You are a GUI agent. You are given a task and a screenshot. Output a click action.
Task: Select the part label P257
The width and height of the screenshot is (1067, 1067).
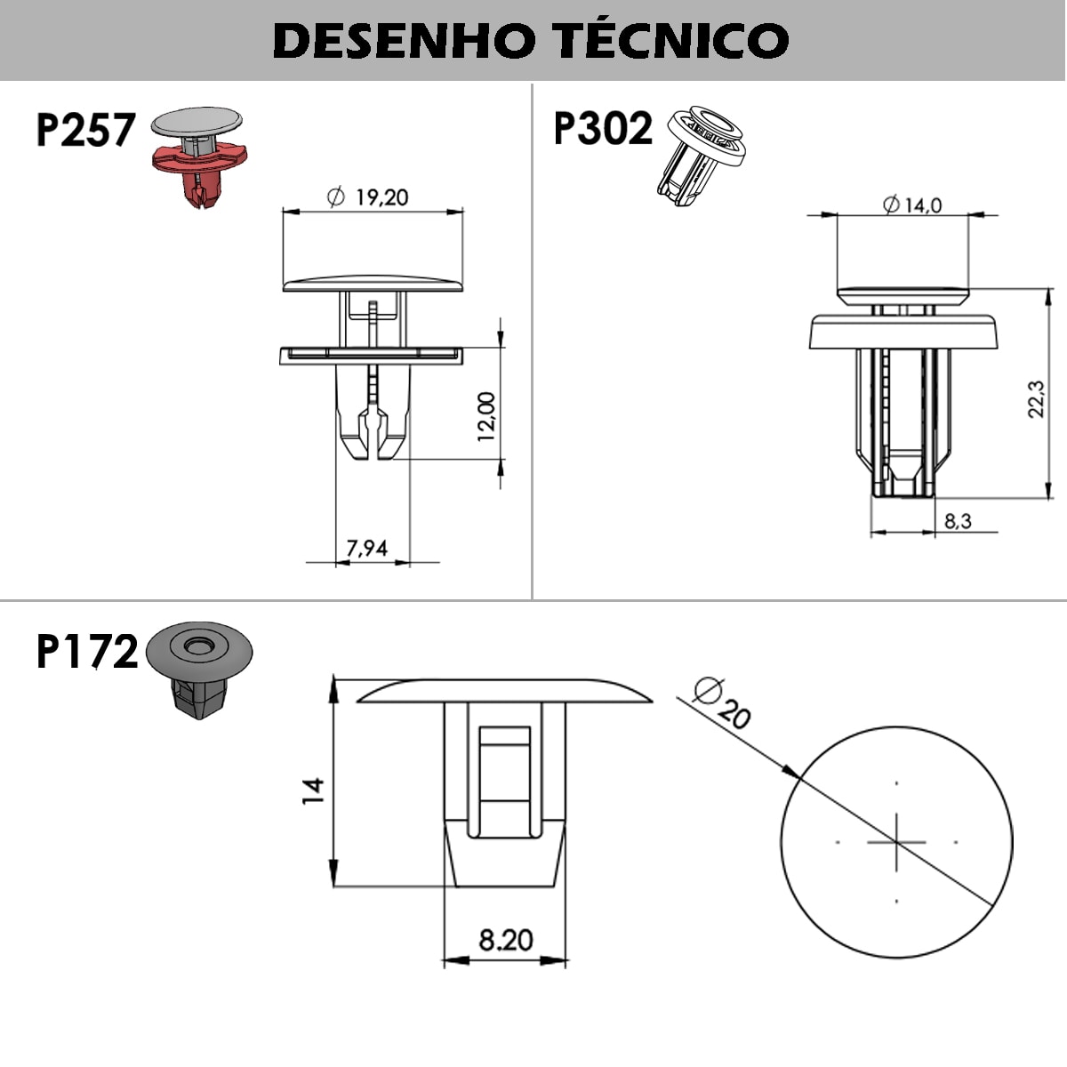click(85, 130)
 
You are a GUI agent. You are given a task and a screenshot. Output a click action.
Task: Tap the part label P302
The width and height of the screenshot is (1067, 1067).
click(603, 130)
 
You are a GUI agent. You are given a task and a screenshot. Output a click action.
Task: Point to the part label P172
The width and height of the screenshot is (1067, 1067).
click(87, 652)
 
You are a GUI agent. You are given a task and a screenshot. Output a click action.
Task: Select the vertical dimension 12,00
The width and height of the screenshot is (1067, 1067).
click(486, 416)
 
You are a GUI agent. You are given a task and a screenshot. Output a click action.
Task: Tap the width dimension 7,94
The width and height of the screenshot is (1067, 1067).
click(366, 548)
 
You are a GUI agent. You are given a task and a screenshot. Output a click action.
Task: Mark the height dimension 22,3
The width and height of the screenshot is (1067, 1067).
click(1036, 399)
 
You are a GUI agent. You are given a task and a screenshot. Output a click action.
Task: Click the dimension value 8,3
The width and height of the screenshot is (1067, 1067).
click(958, 521)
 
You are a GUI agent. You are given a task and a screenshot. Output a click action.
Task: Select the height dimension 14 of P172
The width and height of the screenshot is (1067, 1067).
click(314, 790)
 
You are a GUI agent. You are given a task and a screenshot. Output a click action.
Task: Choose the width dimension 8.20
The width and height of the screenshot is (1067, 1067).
click(505, 939)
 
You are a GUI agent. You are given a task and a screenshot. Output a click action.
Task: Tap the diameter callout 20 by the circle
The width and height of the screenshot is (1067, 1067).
click(733, 711)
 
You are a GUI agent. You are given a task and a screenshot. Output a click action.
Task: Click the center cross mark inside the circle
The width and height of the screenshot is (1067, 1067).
click(896, 841)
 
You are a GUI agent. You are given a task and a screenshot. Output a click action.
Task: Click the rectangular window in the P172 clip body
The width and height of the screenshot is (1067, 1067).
click(504, 780)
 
